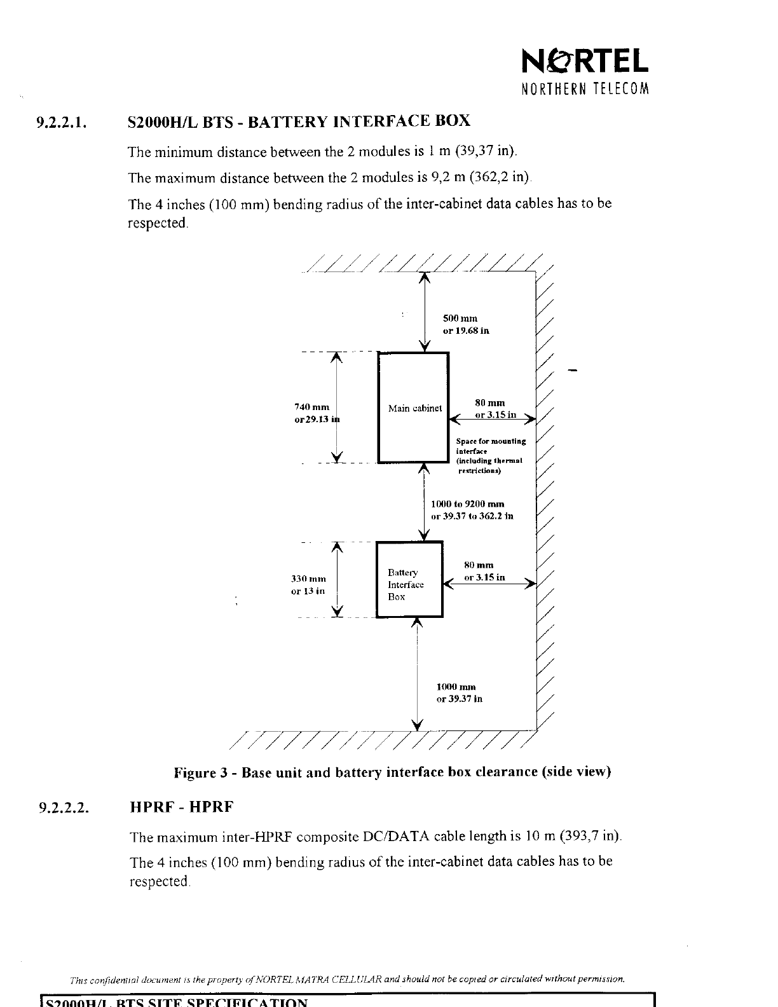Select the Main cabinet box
coord(414,408)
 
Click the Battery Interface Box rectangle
coord(409,579)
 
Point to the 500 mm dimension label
coord(465,324)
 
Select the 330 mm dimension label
coord(308,585)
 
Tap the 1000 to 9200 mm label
coord(472,510)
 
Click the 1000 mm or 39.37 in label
coord(459,693)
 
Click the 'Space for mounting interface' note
coord(489,456)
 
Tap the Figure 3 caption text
coord(392,772)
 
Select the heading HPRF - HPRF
coord(182,807)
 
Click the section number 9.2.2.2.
coord(62,808)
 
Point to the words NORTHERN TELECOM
coord(584,89)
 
